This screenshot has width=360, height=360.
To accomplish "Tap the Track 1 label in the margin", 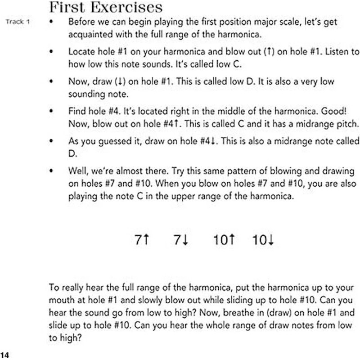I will pos(18,22).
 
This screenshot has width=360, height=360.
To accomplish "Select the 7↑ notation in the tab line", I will pos(142,240).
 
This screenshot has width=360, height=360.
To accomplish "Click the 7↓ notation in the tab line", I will pos(180,240).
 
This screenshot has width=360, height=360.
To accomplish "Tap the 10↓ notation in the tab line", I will pos(264,240).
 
